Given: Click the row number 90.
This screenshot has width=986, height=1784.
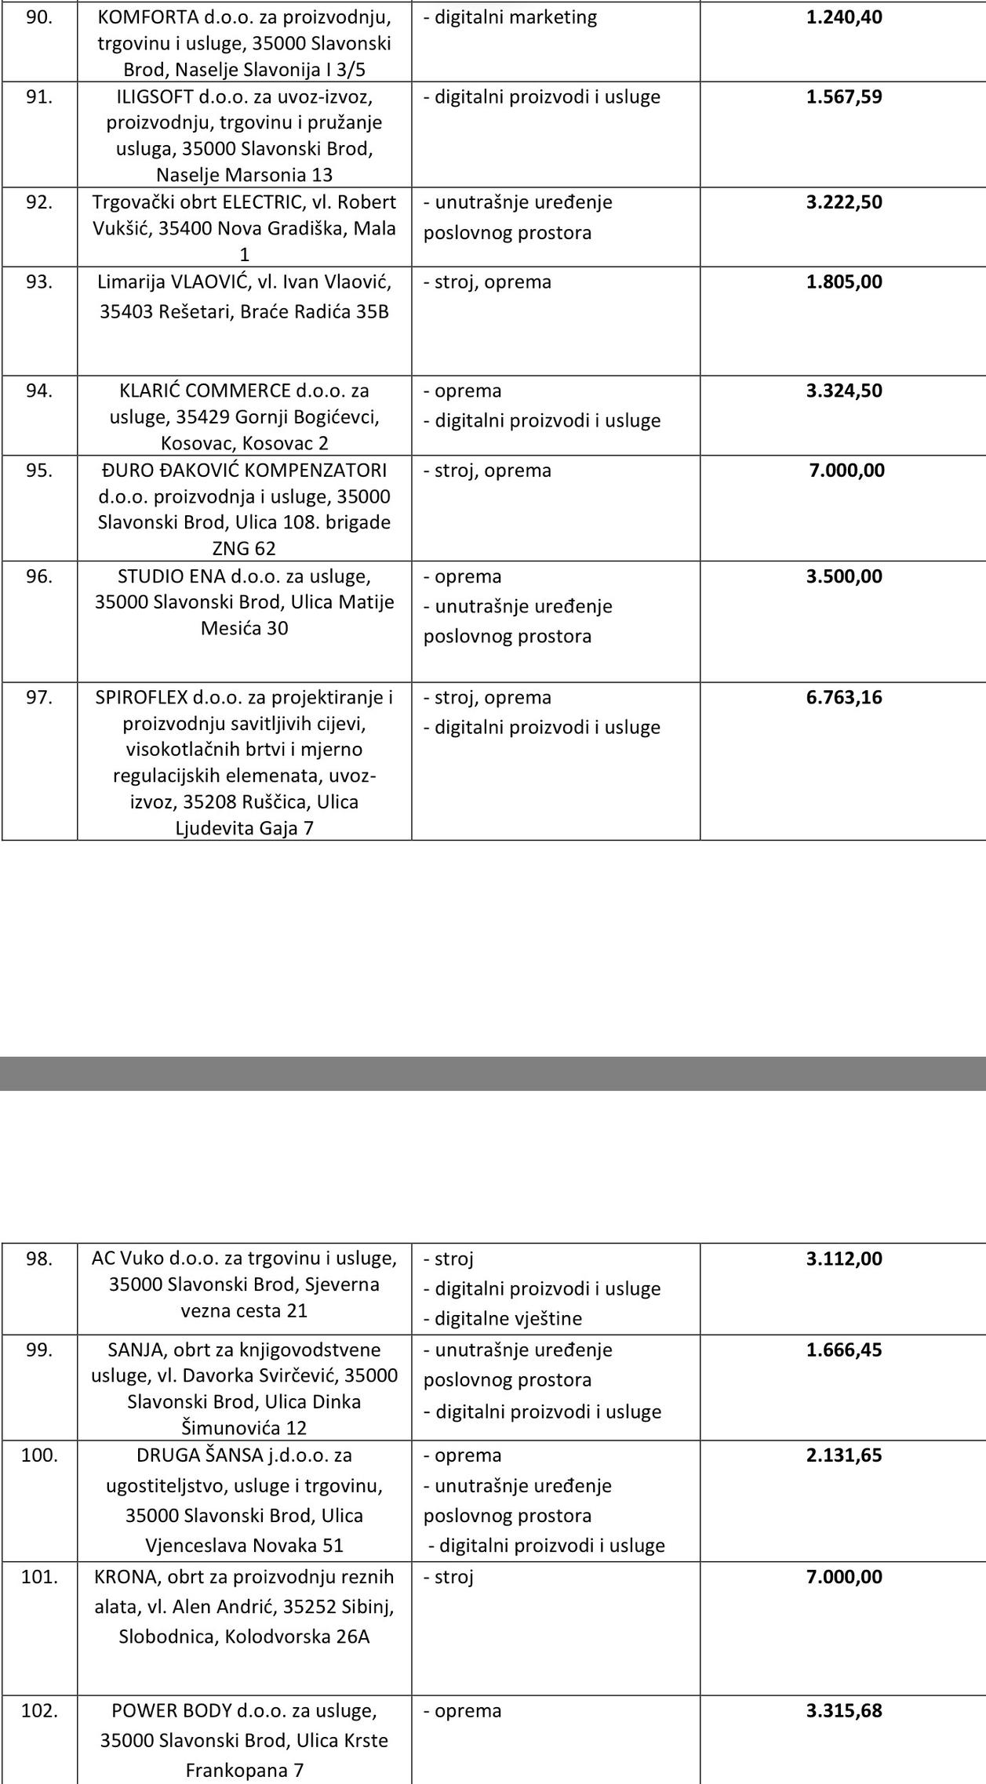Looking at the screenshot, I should point(39,17).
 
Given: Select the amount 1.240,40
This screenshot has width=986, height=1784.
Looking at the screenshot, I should point(844,17).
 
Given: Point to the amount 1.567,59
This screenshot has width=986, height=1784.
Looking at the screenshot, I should point(844,97).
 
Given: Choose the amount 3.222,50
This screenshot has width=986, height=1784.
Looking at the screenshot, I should point(844,202).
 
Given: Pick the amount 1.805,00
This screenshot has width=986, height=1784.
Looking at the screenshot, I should point(844,282).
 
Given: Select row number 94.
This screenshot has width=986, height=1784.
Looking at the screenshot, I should point(39,391).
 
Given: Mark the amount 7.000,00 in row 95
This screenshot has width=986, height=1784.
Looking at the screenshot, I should point(846,471).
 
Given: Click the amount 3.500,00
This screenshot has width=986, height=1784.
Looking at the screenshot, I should point(844,576).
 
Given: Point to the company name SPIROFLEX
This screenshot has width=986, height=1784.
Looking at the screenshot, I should point(142,698).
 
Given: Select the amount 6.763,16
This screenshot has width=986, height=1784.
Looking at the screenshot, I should point(844,698).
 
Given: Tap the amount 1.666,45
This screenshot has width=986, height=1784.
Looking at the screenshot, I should point(844,1350).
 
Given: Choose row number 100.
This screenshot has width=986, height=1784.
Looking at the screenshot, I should point(39,1455).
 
